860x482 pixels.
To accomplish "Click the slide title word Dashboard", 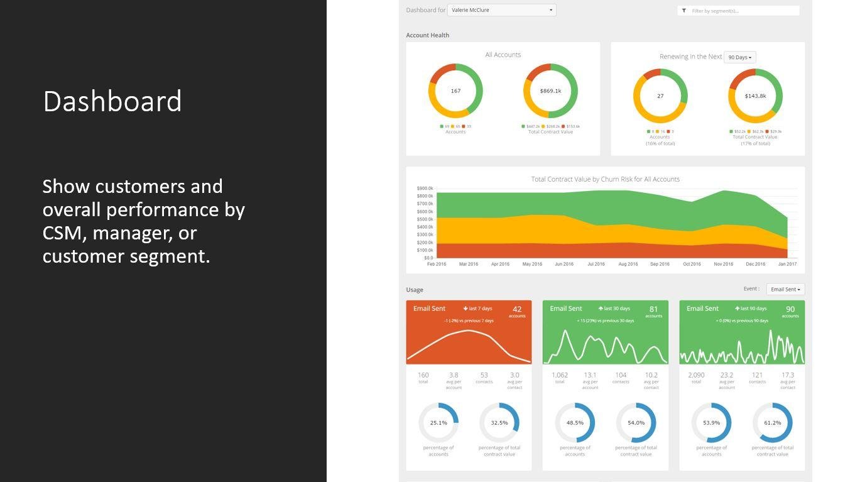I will pyautogui.click(x=112, y=102).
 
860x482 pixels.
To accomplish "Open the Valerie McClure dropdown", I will pyautogui.click(x=501, y=10).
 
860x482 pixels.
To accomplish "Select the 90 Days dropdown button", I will pyautogui.click(x=739, y=57).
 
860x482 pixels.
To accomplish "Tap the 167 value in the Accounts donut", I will pyautogui.click(x=455, y=91).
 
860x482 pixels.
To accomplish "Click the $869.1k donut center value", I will pyautogui.click(x=550, y=91).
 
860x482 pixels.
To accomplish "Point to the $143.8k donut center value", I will pyautogui.click(x=755, y=96).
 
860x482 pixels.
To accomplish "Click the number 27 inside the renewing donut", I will pyautogui.click(x=660, y=96).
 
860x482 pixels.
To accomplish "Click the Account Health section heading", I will pyautogui.click(x=427, y=35).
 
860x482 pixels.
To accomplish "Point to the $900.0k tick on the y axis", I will pyautogui.click(x=425, y=189).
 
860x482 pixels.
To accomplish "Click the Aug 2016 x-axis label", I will pyautogui.click(x=628, y=264).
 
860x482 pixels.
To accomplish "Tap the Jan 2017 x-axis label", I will pyautogui.click(x=787, y=264).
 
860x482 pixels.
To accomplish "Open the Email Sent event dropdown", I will pyautogui.click(x=785, y=289).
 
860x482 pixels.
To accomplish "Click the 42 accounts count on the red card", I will pyautogui.click(x=517, y=309).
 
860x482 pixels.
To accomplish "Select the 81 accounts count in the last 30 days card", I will pyautogui.click(x=653, y=309).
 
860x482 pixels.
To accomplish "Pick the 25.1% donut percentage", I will pyautogui.click(x=438, y=423).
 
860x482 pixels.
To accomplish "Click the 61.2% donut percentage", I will pyautogui.click(x=772, y=423).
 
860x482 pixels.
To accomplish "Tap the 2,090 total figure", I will pyautogui.click(x=696, y=375).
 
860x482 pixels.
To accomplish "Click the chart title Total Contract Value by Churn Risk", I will pyautogui.click(x=605, y=179).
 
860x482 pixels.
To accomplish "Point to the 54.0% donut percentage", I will pyautogui.click(x=636, y=423).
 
